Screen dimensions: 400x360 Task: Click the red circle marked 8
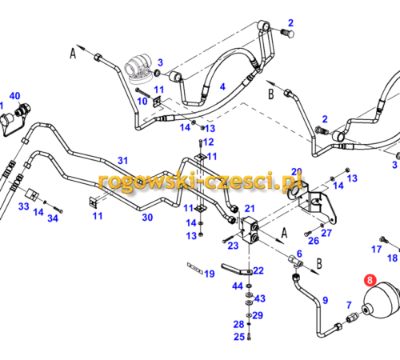pos(370,280)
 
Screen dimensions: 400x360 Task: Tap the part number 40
pos(14,96)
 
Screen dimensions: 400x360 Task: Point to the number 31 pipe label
pos(122,161)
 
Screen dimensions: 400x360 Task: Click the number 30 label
pos(147,218)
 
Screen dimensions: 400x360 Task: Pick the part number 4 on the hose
pos(222,86)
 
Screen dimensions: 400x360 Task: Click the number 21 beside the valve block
pos(250,208)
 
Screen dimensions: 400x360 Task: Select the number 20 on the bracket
pos(297,171)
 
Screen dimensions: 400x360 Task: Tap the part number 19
pos(210,274)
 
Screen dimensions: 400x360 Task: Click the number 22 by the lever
pos(258,270)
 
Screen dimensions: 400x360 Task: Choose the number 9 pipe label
pos(326,300)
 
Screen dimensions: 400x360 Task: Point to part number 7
pos(349,305)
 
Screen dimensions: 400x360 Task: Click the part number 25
pos(239,337)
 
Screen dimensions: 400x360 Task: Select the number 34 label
pos(53,218)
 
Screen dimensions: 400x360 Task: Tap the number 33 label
pos(24,206)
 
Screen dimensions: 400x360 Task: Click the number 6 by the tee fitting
pos(299,254)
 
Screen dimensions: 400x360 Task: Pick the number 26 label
pos(314,241)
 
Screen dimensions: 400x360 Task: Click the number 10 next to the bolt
pos(142,101)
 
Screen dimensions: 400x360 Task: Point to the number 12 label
pos(209,142)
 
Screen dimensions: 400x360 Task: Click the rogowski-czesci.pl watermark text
pos(200,182)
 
